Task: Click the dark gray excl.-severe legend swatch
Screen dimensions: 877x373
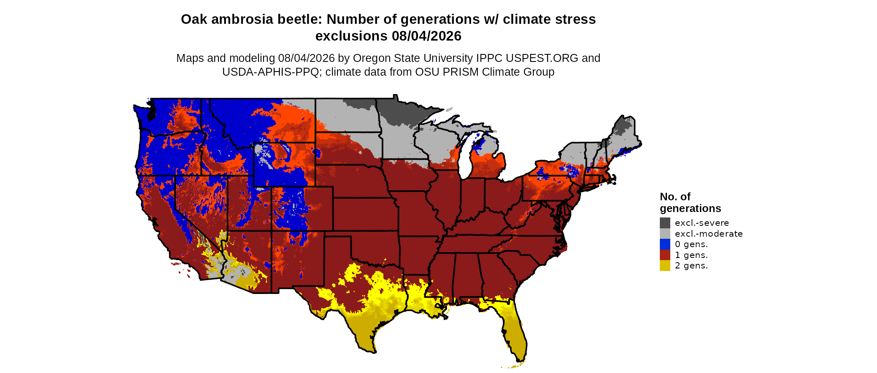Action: pos(665,223)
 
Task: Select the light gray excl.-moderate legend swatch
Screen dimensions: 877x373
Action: pos(665,234)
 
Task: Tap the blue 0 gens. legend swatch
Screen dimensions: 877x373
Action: pos(665,244)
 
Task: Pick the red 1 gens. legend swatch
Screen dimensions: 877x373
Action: pos(665,255)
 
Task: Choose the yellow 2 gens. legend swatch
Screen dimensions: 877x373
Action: pos(665,266)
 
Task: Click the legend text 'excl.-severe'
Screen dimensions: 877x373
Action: pos(702,223)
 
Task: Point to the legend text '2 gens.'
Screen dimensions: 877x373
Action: pos(691,266)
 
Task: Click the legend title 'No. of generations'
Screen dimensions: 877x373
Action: pos(690,202)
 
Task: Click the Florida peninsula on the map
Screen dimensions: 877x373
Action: pos(512,330)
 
